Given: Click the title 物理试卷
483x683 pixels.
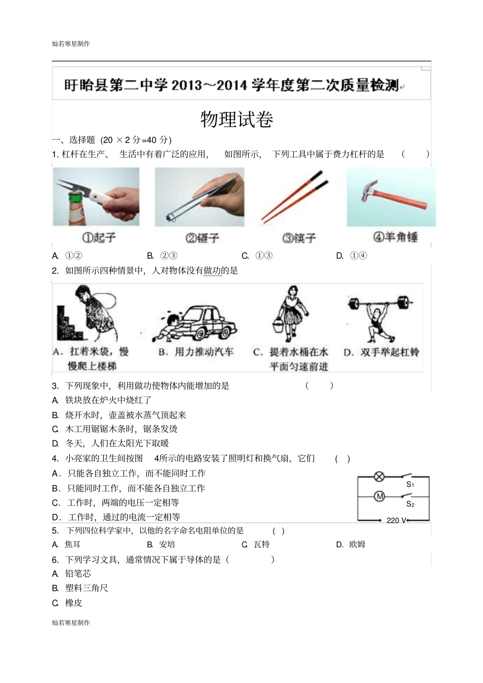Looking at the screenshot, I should coord(237,119).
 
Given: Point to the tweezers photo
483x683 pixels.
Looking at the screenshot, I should coord(199,197).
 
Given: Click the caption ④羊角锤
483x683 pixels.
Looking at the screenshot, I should coord(395,237).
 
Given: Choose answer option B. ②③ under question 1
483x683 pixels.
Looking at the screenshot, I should coord(162,256).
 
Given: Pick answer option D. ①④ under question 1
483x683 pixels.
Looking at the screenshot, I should coord(351,256).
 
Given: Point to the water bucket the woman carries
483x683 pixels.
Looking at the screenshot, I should coord(278,325).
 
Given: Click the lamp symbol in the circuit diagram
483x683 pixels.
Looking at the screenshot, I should coord(379,477).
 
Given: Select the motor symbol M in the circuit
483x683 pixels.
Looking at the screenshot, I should coord(379,496).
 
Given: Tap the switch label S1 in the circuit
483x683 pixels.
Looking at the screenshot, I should coord(410,485).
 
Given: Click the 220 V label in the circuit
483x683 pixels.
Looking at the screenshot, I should coord(397,520).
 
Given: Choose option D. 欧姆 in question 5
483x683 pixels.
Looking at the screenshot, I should coord(351,544).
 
